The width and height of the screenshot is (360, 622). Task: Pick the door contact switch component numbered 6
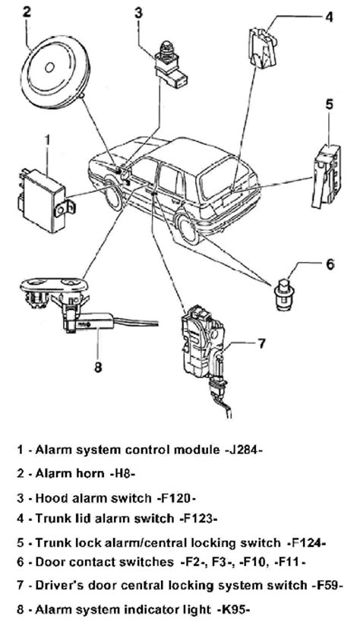pos(284,295)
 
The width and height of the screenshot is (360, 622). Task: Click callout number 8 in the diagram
pos(98,367)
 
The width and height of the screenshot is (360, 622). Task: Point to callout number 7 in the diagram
pos(261,343)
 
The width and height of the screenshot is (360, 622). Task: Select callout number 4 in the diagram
pos(329,17)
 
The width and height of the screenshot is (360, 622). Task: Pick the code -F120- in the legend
pos(176,498)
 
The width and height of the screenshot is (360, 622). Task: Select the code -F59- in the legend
pos(325,585)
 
